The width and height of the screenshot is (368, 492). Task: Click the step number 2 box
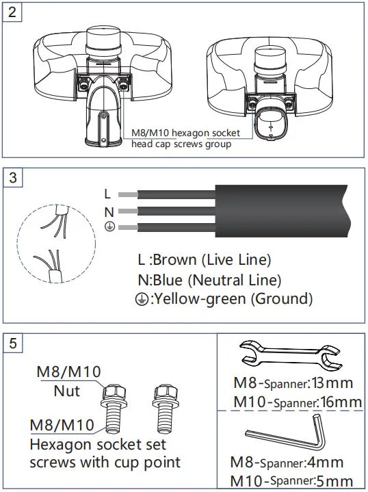(x=12, y=12)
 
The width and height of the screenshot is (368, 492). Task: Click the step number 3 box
(x=12, y=177)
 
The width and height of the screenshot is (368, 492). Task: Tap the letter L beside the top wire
(x=107, y=194)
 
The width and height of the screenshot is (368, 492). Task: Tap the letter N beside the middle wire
(x=107, y=211)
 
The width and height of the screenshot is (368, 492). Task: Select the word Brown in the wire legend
(x=175, y=259)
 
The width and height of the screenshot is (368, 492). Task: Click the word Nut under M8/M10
(x=68, y=391)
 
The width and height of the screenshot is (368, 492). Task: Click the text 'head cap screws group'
(x=181, y=144)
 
